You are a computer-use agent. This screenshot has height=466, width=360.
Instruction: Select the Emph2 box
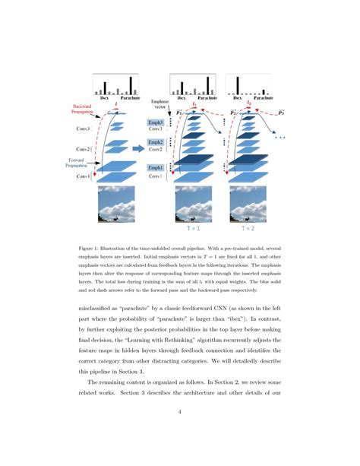point(156,142)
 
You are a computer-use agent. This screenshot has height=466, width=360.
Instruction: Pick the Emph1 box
point(156,167)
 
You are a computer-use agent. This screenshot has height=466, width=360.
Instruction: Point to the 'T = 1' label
point(193,227)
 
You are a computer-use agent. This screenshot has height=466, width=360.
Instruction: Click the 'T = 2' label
point(249,227)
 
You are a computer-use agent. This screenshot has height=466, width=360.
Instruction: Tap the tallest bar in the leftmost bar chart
point(131,84)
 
